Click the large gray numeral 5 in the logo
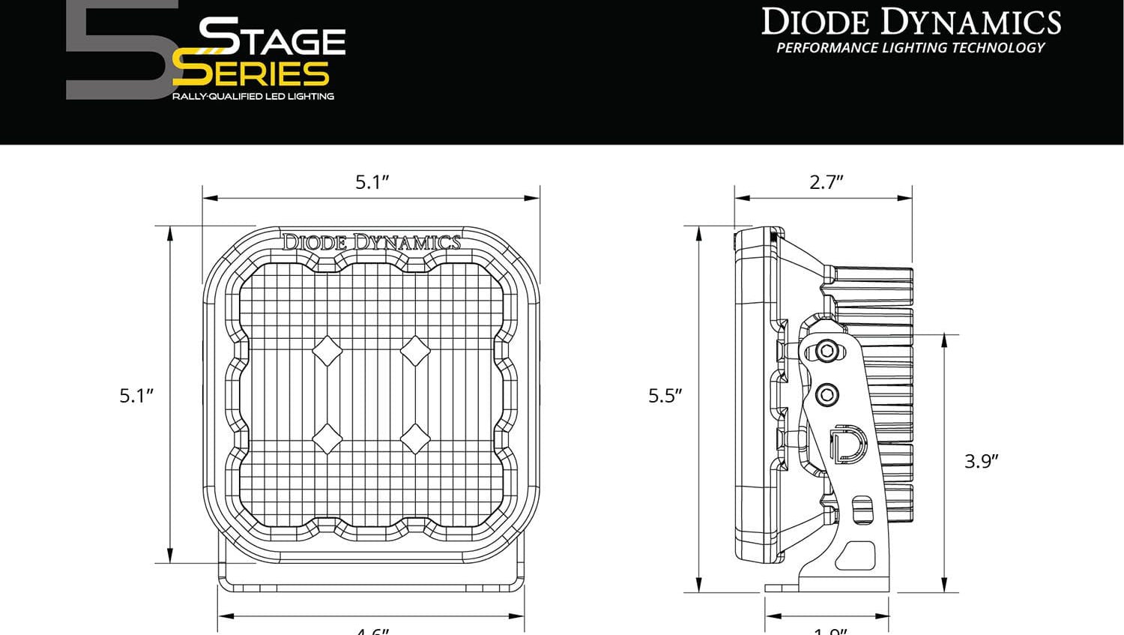pos(120,52)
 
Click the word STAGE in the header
pos(272,37)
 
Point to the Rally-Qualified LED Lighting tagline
pos(253,96)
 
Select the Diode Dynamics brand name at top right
pos(911,22)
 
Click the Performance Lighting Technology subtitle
pos(910,48)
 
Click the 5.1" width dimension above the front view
pos(372,182)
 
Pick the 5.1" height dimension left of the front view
pos(136,395)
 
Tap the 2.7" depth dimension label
pos(826,182)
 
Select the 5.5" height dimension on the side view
pos(665,395)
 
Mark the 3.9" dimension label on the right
pos(981,460)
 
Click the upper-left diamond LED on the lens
pos(327,350)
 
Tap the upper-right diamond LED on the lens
pos(414,350)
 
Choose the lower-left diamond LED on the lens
pos(327,439)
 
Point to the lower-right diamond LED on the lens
pos(414,439)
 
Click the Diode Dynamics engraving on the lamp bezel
pos(372,242)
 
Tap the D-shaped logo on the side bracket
pos(848,443)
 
